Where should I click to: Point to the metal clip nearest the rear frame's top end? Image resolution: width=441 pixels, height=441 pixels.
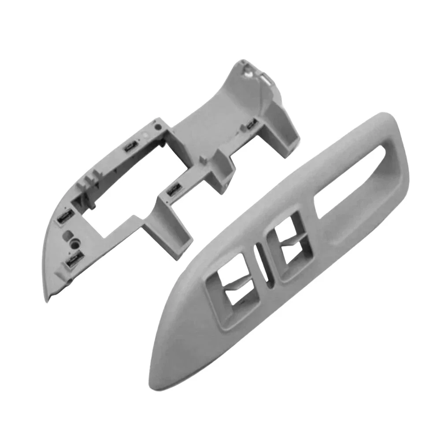coord(252,124)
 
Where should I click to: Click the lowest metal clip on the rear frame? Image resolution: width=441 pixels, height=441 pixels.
coord(71,262)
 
